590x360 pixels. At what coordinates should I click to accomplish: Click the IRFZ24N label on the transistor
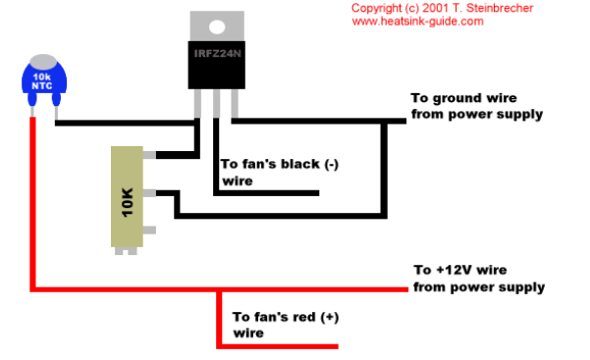coord(218,54)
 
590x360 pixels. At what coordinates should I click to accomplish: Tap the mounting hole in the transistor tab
coord(217,27)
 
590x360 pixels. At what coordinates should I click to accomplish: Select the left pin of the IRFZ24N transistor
coord(197,103)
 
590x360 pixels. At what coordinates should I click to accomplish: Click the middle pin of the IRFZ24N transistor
coord(216,103)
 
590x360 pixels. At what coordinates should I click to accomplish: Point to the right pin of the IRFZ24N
coord(235,103)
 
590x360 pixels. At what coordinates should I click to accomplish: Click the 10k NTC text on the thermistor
coord(42,81)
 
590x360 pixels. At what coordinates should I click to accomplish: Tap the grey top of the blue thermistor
coord(43,62)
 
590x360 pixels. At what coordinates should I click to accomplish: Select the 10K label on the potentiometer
coord(128,202)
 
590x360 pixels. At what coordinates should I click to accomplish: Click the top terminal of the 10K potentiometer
coord(149,155)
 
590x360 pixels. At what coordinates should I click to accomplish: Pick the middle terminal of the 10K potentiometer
coord(149,193)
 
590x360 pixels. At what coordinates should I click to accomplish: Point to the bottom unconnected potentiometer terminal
coord(149,230)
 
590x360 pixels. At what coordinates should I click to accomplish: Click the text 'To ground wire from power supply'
coord(477,106)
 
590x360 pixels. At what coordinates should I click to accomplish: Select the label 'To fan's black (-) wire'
coord(280,173)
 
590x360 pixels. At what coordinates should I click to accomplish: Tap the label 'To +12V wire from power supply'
coord(479,279)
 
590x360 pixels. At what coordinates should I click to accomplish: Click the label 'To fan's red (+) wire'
coord(286,325)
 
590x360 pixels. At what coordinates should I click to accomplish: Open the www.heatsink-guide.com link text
coord(417,21)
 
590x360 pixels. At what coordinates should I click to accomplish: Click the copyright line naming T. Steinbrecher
coord(442,8)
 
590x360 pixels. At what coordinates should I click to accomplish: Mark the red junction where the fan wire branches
coord(219,289)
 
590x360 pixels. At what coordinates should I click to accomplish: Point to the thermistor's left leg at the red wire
coord(32,112)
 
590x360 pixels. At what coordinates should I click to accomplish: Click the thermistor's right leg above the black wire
coord(56,113)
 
